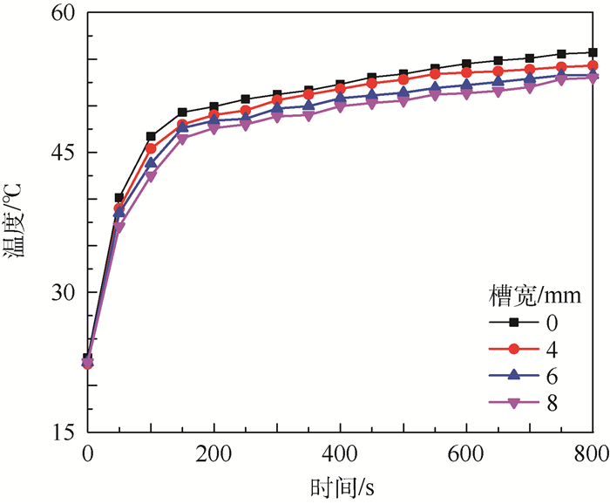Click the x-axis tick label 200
(214, 453)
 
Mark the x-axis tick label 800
(588, 453)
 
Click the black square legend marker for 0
(514, 323)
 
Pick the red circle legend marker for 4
(514, 349)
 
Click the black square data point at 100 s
(151, 137)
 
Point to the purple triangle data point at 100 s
(151, 177)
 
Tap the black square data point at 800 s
(593, 52)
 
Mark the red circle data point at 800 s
(593, 65)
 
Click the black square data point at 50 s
(119, 198)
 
